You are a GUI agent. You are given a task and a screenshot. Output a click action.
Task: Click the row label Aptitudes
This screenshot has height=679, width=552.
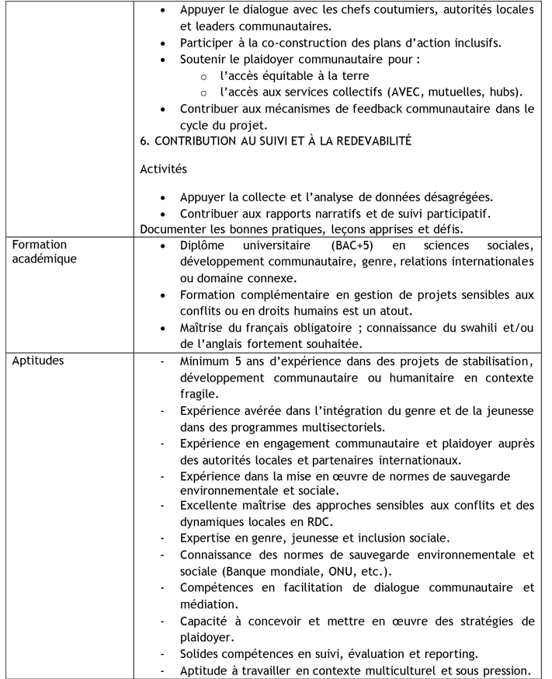tap(38, 361)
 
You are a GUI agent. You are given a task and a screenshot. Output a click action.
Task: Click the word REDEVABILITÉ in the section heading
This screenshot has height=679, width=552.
tap(367, 141)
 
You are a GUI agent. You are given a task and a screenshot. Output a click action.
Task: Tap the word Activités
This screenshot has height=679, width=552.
tap(163, 169)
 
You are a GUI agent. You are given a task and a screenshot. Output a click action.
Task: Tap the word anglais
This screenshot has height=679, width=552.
tap(233, 343)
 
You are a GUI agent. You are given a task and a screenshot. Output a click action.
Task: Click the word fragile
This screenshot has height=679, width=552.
tap(199, 394)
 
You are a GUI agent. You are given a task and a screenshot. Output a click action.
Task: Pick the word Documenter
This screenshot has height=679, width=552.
tap(176, 228)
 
